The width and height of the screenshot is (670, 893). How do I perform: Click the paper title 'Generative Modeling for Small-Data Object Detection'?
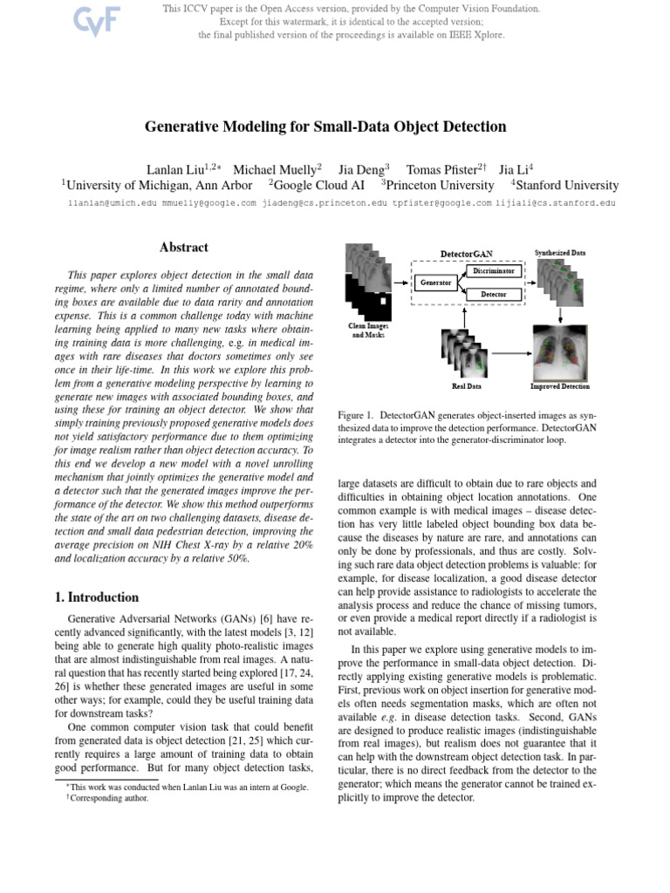(325, 126)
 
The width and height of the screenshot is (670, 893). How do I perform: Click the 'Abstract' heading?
(184, 249)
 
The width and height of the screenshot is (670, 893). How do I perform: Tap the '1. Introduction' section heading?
(91, 597)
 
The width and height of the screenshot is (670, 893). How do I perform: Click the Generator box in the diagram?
(435, 283)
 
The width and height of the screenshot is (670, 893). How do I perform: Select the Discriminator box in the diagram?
(495, 271)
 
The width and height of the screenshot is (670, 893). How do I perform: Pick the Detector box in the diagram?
(494, 295)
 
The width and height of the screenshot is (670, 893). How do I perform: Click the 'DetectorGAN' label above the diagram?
(466, 254)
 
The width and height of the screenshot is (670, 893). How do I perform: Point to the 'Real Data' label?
(466, 386)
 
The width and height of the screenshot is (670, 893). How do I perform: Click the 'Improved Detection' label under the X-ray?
(559, 386)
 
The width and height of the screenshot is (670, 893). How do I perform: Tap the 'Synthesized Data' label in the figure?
(560, 252)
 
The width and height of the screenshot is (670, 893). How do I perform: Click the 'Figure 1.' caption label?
(356, 415)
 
